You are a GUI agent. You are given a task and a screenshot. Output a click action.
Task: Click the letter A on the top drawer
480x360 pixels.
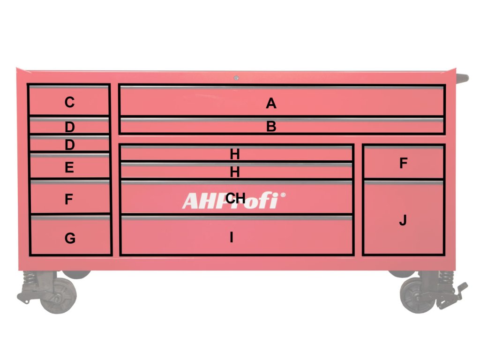point(271,103)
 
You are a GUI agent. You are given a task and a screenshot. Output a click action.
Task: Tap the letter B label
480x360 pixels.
point(271,127)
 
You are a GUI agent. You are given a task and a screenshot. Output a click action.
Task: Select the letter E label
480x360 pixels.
point(69,168)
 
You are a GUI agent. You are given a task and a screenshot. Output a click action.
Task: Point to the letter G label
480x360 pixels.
point(69,239)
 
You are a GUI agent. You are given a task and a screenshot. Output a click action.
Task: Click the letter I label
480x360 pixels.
point(231,238)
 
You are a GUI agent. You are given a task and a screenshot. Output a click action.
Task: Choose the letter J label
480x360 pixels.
point(403,221)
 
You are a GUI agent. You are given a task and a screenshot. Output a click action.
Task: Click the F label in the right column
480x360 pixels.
point(403,164)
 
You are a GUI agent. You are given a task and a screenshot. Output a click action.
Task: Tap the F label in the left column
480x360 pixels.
point(69,200)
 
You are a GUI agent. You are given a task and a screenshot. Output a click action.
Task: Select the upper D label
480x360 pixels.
point(69,127)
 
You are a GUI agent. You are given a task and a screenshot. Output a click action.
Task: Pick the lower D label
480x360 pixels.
point(69,145)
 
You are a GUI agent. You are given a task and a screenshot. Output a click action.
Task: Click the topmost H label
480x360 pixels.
point(235,154)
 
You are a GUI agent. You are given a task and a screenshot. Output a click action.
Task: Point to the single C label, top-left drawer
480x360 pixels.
point(69,102)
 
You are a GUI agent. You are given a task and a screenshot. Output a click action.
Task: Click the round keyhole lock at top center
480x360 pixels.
point(236,78)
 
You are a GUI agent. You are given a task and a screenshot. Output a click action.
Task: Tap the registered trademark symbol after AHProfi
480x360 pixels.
point(282,195)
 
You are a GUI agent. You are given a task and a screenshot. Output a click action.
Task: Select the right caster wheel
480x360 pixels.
point(417,298)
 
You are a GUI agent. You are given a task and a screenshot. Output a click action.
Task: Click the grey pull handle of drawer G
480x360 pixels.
point(70,218)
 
